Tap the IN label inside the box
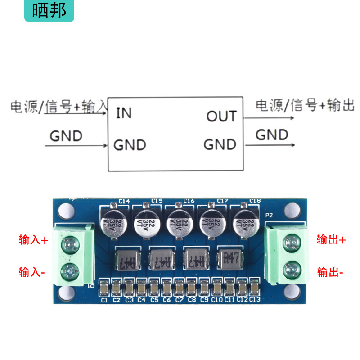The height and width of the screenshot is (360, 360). [124, 113]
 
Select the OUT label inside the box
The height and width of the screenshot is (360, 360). [221, 117]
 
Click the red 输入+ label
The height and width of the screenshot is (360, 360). [33, 240]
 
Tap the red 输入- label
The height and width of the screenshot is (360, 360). [32, 272]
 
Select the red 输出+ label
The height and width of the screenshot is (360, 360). [332, 239]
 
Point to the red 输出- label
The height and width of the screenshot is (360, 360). [330, 272]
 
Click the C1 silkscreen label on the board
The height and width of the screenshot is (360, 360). [104, 300]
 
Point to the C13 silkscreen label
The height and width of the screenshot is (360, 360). [255, 299]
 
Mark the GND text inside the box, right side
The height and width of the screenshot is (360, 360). [220, 144]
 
